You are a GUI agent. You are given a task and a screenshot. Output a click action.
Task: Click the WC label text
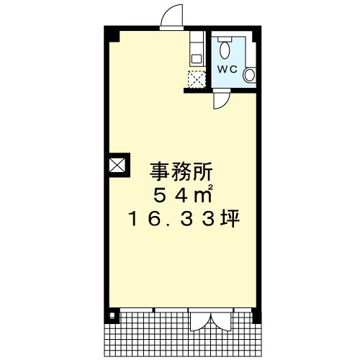(227, 69)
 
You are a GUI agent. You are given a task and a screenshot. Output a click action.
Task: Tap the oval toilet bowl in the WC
(225, 50)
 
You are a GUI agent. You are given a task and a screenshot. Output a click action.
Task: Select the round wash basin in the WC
(249, 75)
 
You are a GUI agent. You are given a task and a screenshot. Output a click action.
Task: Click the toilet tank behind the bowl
(225, 39)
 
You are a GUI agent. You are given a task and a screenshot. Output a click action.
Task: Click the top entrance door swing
(171, 17)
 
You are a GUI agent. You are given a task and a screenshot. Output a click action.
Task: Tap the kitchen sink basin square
(197, 59)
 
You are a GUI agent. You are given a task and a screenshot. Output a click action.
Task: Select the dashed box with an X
(197, 79)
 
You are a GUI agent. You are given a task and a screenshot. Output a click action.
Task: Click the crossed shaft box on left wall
(117, 165)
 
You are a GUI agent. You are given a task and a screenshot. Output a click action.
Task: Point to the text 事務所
(181, 172)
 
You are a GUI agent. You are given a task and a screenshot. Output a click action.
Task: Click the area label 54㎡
(182, 194)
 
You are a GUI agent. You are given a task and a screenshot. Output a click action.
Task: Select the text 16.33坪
(184, 218)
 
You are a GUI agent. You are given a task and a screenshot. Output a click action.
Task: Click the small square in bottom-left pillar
(112, 315)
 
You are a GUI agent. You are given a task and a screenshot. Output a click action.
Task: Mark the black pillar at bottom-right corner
(256, 315)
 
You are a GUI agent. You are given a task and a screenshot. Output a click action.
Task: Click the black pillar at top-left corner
(112, 34)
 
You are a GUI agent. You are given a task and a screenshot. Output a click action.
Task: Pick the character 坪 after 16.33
(230, 218)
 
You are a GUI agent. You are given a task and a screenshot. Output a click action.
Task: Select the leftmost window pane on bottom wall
(136, 310)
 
